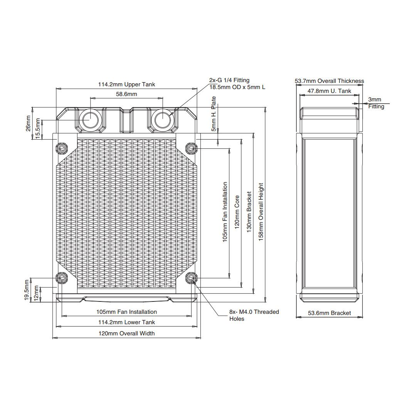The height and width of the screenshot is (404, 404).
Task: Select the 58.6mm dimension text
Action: pyautogui.click(x=126, y=94)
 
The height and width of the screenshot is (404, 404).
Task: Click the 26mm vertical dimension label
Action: pyautogui.click(x=28, y=123)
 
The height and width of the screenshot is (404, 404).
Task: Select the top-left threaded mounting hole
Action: pyautogui.click(x=61, y=148)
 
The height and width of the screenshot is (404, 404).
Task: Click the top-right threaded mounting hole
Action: pyautogui.click(x=191, y=148)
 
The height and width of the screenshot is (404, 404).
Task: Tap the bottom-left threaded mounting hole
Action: pyautogui.click(x=61, y=278)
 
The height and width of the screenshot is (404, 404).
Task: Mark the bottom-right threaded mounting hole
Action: pyautogui.click(x=191, y=278)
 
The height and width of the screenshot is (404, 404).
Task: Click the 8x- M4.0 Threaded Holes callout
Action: pyautogui.click(x=254, y=315)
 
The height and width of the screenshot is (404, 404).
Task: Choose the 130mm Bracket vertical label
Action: pyautogui.click(x=249, y=212)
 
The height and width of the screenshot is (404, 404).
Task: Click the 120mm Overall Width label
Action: pyautogui.click(x=126, y=333)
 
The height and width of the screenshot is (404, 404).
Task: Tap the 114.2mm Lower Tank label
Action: pyautogui.click(x=126, y=322)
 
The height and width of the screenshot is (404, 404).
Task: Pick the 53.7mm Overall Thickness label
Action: pyautogui.click(x=329, y=81)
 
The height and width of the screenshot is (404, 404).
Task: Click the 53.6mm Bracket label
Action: pyautogui.click(x=330, y=313)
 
